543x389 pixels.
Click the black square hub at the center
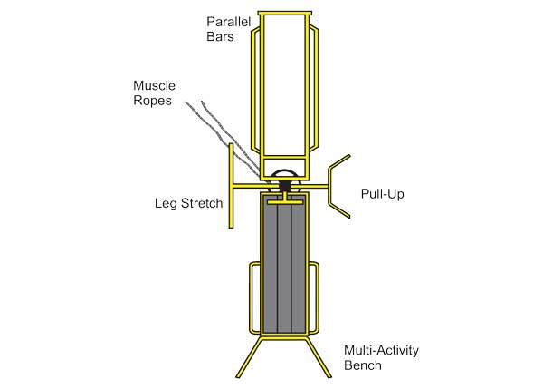[x=285, y=185]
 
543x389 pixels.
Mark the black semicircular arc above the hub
[x=285, y=171]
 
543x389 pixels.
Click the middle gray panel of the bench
[x=285, y=263]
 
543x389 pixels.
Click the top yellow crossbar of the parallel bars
[x=286, y=14]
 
